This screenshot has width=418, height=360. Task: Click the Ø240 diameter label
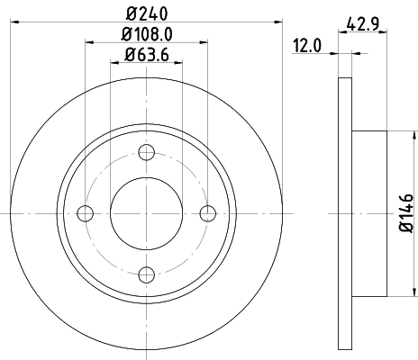[x=147, y=13]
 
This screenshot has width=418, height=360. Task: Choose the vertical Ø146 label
[x=405, y=213]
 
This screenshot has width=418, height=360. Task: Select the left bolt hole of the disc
[x=86, y=213]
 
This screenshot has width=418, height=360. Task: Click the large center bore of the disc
[x=147, y=213]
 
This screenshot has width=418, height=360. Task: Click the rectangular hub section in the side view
[x=369, y=213]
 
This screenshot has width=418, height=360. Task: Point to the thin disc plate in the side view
[x=344, y=213]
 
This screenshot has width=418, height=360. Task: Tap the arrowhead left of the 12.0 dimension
[x=335, y=56]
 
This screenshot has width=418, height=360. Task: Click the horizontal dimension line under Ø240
[x=147, y=22]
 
